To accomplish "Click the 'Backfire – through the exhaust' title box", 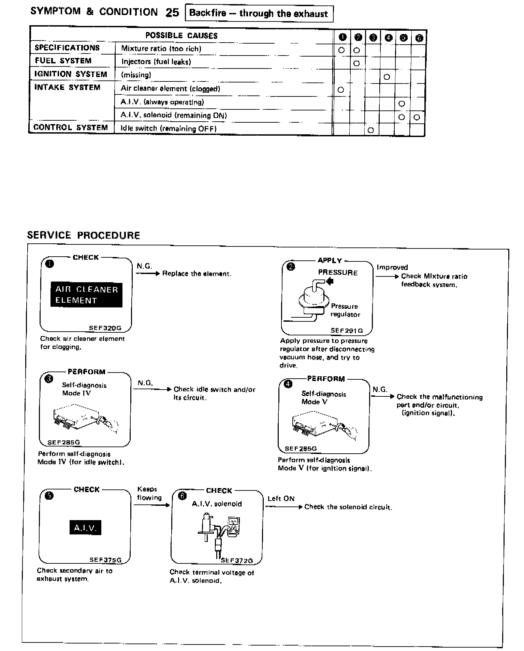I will [259, 14].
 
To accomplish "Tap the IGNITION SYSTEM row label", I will [71, 74].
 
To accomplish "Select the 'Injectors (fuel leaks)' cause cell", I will [156, 62].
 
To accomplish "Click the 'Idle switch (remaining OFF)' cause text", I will [169, 128].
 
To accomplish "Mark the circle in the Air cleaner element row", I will [341, 90].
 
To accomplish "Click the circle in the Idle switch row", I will [371, 130].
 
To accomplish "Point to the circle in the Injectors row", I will [356, 63].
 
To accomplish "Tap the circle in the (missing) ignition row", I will [387, 77].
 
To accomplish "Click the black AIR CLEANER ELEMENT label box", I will [86, 295].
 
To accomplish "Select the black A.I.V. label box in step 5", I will [85, 528].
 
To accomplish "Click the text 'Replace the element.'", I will [196, 274].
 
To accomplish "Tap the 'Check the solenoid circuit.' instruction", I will [348, 507].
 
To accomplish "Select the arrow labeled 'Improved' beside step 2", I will [387, 276].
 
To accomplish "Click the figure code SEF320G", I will [105, 328].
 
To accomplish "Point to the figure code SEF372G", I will [237, 560].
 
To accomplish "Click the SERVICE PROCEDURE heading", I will [84, 235].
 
